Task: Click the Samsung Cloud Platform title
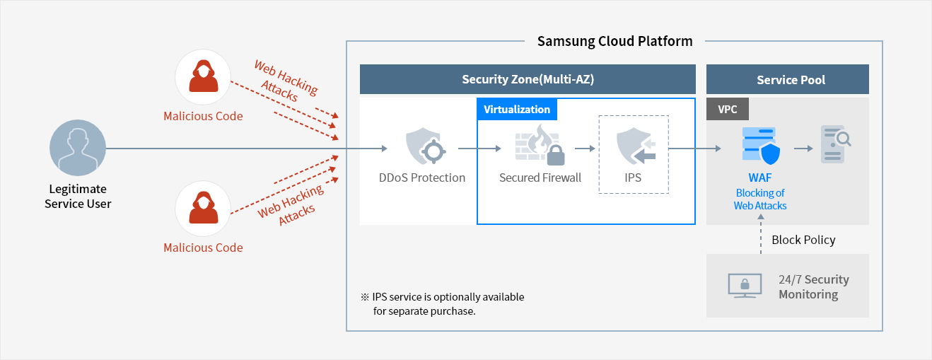click(x=614, y=41)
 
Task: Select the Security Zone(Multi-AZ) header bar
click(x=528, y=79)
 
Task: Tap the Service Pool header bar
click(x=791, y=80)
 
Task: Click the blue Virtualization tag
click(x=517, y=110)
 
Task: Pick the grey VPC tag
click(x=728, y=110)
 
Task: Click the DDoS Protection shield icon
click(x=422, y=146)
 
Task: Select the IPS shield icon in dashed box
click(x=634, y=147)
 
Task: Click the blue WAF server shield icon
click(x=760, y=147)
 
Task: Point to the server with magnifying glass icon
click(x=834, y=144)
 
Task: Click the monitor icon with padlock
click(x=745, y=286)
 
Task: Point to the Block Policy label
click(x=803, y=240)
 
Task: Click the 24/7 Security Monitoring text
click(x=813, y=286)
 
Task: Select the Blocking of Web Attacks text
click(x=760, y=199)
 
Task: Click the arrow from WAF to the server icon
click(x=803, y=149)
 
